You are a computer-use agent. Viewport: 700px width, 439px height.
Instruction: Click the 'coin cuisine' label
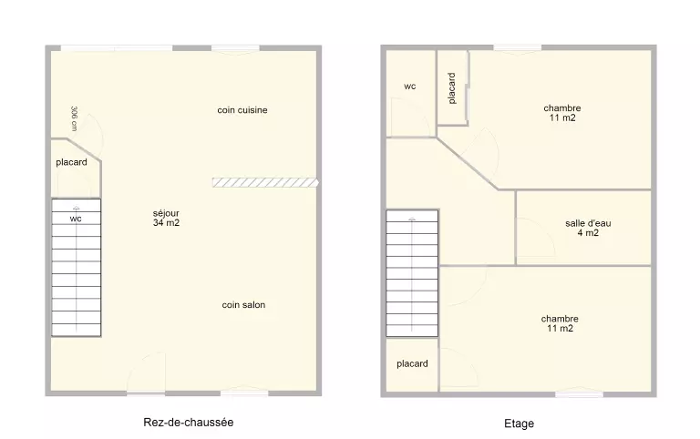[242, 110]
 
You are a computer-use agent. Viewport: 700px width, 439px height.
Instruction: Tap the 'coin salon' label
[243, 305]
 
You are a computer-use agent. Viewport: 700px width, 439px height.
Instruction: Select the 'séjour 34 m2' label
[166, 219]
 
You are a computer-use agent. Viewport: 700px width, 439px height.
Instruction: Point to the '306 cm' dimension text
[74, 118]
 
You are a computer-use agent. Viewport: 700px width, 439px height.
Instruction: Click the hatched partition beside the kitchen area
[265, 182]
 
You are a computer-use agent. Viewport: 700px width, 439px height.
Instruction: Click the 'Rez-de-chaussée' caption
[189, 422]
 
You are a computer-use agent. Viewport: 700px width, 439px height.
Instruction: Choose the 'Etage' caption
[520, 424]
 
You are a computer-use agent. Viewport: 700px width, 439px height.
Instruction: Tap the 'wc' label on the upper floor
[410, 87]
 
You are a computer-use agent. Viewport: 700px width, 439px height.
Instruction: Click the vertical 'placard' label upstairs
[452, 88]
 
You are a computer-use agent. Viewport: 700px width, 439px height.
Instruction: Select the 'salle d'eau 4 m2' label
[588, 228]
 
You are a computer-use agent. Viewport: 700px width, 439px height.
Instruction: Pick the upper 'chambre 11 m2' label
[562, 113]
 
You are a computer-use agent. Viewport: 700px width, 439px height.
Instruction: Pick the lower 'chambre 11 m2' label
[560, 323]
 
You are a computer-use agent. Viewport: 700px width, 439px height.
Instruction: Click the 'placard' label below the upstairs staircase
[412, 363]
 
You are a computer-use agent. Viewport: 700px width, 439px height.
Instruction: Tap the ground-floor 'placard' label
[71, 162]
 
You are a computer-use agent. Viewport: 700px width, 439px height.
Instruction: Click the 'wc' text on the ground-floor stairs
[76, 219]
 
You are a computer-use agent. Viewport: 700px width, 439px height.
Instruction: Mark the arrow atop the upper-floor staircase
[412, 219]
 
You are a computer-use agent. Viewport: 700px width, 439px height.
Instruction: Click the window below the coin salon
[244, 392]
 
